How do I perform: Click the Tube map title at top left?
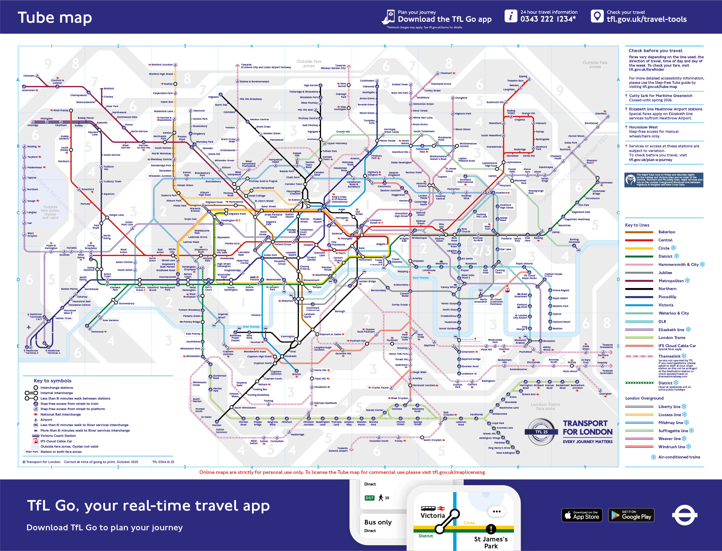(x=55, y=17)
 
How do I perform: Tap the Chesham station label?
(x=29, y=76)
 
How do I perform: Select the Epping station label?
(x=523, y=76)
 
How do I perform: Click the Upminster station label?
(x=606, y=183)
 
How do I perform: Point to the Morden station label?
(x=217, y=425)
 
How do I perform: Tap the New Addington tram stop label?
(x=505, y=453)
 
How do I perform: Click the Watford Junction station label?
(x=162, y=65)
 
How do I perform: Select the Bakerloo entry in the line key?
(x=666, y=232)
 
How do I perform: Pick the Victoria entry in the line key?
(x=666, y=305)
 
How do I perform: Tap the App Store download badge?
(x=582, y=515)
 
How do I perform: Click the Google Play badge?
(x=631, y=515)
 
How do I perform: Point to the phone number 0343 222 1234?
(x=548, y=19)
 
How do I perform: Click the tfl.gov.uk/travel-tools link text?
(x=646, y=19)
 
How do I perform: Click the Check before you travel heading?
(x=655, y=50)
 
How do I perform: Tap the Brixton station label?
(x=296, y=374)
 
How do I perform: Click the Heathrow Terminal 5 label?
(x=32, y=352)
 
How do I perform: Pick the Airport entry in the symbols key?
(x=46, y=420)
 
